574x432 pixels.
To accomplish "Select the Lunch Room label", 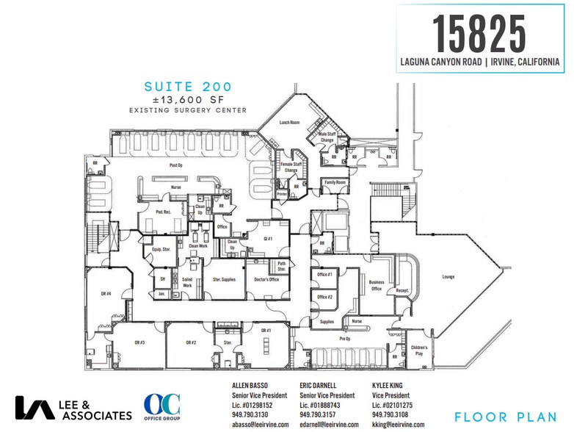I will pyautogui.click(x=289, y=123).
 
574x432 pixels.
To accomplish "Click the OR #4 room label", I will pyautogui.click(x=106, y=294).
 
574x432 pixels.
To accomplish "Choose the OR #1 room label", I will pyautogui.click(x=266, y=331).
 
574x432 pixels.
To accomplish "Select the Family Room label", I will pyautogui.click(x=335, y=181).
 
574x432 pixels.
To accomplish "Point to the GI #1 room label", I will pyautogui.click(x=269, y=240).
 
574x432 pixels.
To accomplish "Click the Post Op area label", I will pyautogui.click(x=175, y=165).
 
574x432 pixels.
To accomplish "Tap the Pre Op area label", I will pyautogui.click(x=344, y=339).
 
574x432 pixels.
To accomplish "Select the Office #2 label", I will pyautogui.click(x=325, y=297).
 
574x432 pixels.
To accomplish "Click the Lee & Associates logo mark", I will pyautogui.click(x=34, y=409).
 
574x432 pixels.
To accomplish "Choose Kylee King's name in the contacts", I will pyautogui.click(x=392, y=385).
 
